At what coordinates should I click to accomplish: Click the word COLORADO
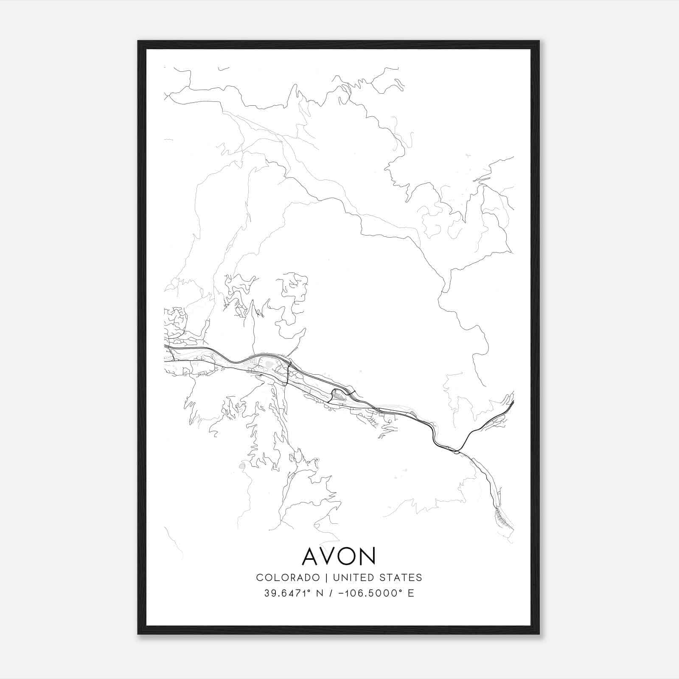(x=288, y=578)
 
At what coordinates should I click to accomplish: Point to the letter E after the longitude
(x=411, y=593)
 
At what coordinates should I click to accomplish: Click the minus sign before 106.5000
(x=340, y=593)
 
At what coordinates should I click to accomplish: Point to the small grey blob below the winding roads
(x=242, y=466)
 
